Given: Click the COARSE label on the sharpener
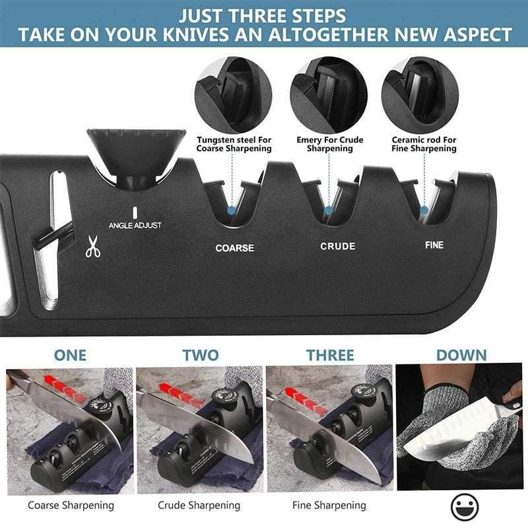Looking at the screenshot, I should tap(234, 248).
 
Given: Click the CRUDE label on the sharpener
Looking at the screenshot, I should tap(338, 246).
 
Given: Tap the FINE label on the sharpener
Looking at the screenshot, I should tap(434, 245).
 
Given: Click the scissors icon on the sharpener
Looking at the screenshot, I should tap(93, 248).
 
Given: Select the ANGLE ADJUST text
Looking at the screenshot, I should tap(135, 225).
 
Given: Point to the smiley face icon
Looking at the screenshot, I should tap(465, 507).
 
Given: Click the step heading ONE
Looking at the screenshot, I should tap(70, 354).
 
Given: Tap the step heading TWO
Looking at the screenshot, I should tap(201, 354).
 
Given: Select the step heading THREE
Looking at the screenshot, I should tap(330, 354).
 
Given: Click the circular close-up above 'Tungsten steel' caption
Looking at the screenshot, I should tap(234, 95).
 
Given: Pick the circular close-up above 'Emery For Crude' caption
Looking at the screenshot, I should tap(328, 95).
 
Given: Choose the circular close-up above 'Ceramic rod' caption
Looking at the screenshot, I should tap(420, 95).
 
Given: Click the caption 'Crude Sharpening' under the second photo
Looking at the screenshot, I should tap(199, 506).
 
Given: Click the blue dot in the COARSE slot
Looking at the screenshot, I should tap(232, 210).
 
